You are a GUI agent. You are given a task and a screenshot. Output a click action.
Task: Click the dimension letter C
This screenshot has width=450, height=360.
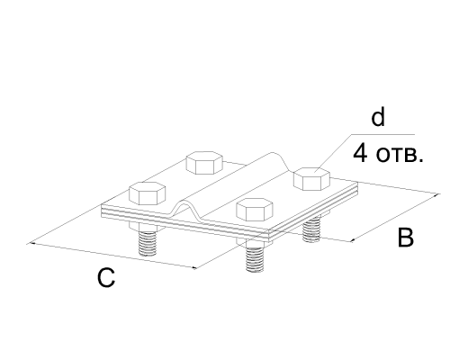[106, 277]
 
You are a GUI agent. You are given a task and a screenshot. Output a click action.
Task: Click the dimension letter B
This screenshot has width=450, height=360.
[406, 238]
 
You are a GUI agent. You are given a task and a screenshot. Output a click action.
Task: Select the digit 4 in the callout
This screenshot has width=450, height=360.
[360, 154]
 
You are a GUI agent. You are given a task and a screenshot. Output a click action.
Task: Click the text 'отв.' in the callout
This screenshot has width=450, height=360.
[400, 156]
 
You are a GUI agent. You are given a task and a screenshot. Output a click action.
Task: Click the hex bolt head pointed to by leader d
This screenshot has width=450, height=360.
[311, 179]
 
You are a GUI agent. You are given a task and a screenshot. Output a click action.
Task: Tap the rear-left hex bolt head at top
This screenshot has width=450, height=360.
[204, 163]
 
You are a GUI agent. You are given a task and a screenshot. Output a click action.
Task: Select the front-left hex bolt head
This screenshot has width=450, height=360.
[148, 193]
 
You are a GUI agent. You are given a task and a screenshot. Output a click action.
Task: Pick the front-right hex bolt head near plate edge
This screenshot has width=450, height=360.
[255, 210]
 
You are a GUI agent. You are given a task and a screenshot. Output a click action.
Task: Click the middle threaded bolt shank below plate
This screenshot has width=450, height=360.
[255, 259]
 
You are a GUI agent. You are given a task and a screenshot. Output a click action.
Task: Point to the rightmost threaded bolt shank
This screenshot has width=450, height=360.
[311, 230]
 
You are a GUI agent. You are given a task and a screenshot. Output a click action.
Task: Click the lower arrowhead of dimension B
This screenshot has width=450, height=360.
[355, 239]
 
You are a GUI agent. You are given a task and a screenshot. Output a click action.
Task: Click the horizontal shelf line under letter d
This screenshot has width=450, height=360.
[382, 134]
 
